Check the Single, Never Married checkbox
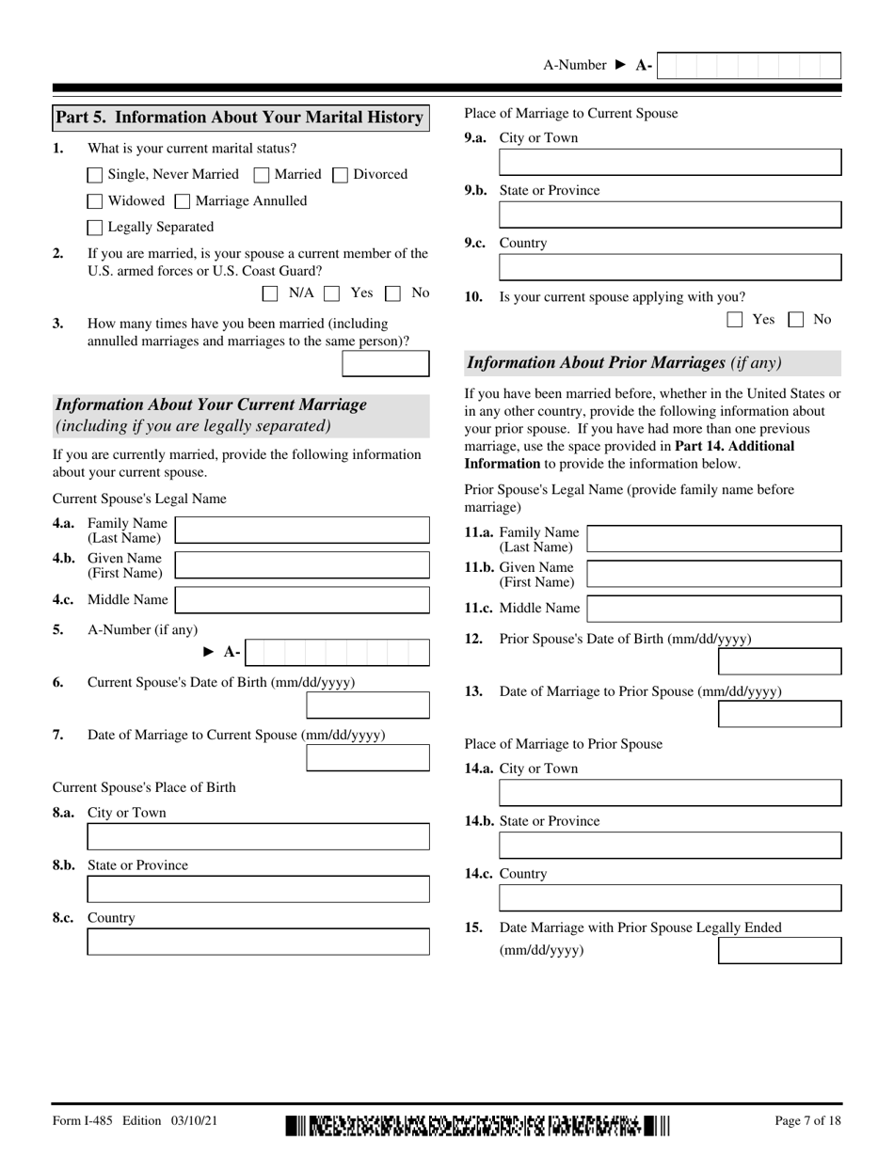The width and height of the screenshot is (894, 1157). pos(95,175)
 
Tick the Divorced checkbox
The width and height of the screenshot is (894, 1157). pos(341,175)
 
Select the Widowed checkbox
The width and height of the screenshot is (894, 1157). pos(95,201)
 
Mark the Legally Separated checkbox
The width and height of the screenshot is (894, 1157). pos(95,228)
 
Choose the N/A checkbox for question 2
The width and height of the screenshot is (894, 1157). pos(270,293)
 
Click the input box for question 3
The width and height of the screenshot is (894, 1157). pos(385,364)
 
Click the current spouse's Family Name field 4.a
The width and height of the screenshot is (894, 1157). pos(302,530)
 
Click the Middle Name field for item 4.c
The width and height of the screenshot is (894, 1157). pos(302,600)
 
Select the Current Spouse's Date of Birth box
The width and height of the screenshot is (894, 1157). pos(368,705)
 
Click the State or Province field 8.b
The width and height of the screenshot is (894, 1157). pos(258,889)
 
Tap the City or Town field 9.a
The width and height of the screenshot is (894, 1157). pos(669,162)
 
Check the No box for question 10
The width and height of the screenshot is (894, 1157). pos(796,320)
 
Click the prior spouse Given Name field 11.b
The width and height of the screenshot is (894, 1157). pos(713,574)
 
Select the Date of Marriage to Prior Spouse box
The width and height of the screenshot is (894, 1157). pos(779,714)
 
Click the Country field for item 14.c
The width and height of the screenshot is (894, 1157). pos(669,897)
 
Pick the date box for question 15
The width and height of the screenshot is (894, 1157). pos(779,950)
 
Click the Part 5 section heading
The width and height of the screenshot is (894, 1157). pos(240,118)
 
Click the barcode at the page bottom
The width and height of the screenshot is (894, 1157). pos(477,1126)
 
